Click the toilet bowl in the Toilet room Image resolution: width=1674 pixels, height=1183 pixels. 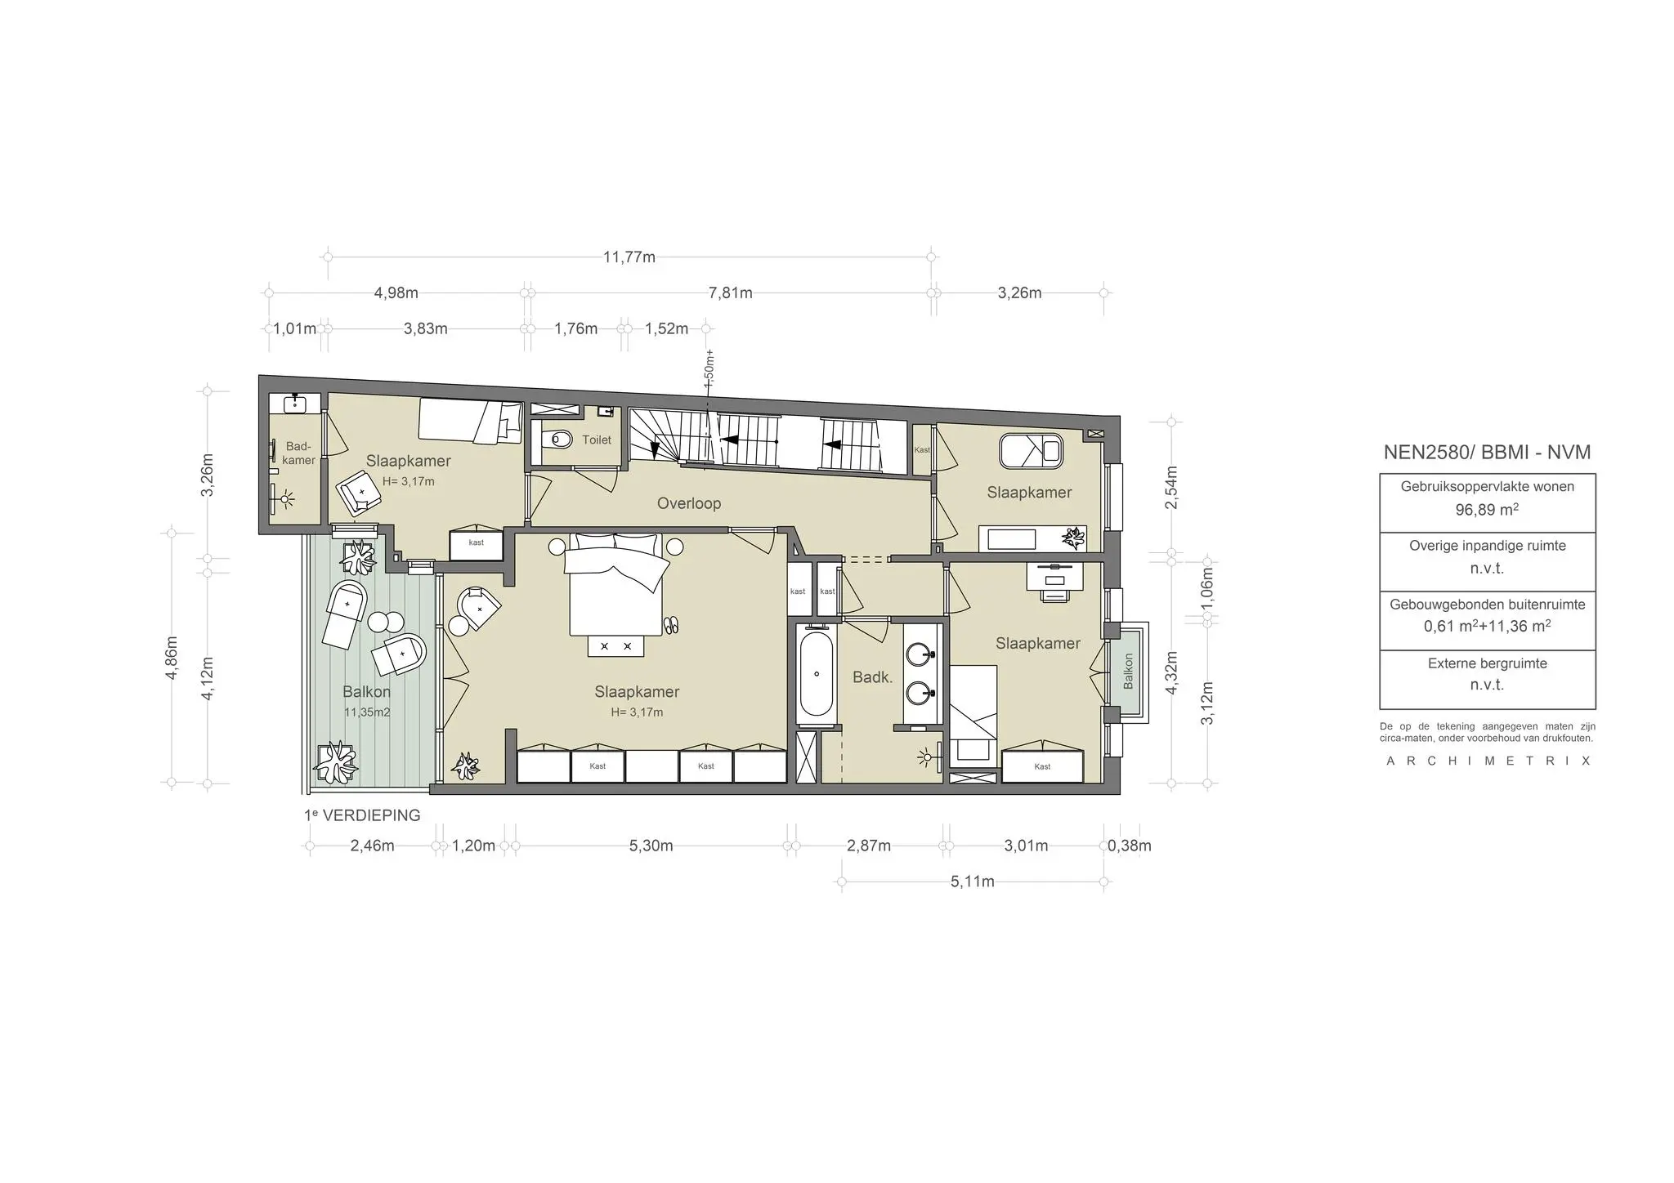[560, 440]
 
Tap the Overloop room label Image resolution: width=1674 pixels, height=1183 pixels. [689, 503]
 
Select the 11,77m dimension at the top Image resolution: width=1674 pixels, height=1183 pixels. [629, 257]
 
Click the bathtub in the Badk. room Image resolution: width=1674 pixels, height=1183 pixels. [816, 676]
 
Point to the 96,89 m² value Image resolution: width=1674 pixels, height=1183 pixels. [1487, 510]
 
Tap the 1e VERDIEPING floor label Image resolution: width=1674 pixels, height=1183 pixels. [362, 815]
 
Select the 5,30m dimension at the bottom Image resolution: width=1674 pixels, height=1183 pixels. [651, 846]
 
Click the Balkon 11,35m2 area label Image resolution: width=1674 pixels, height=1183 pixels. [366, 700]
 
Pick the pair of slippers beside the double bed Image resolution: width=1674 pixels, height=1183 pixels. [671, 625]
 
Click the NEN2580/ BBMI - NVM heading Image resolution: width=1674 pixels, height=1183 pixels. [1487, 453]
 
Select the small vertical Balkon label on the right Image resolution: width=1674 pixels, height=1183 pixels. [1128, 671]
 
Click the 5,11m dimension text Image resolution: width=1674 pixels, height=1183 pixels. [972, 882]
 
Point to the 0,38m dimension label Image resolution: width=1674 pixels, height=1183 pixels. [1130, 846]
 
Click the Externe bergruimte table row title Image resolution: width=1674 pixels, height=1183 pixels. [1487, 663]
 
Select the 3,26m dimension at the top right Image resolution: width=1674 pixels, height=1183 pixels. [1019, 292]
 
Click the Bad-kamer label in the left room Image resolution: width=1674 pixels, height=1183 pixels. [299, 453]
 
